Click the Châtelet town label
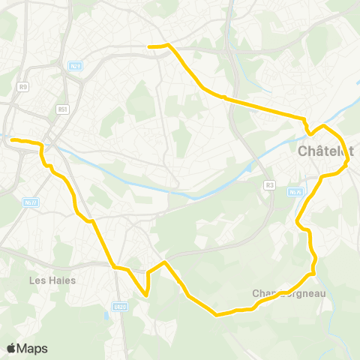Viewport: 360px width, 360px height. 325,151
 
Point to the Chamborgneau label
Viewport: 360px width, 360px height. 289,293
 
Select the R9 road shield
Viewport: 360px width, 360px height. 23,87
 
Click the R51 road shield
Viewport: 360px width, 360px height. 62,109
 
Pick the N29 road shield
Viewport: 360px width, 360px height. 75,66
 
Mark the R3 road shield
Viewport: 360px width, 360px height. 270,185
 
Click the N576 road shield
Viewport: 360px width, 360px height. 294,192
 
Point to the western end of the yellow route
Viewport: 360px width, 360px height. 12,139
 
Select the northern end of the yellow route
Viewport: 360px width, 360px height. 150,46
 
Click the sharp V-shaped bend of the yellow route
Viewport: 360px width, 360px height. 147,295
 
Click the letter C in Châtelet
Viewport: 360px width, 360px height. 303,151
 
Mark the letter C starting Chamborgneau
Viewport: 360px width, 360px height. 256,293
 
